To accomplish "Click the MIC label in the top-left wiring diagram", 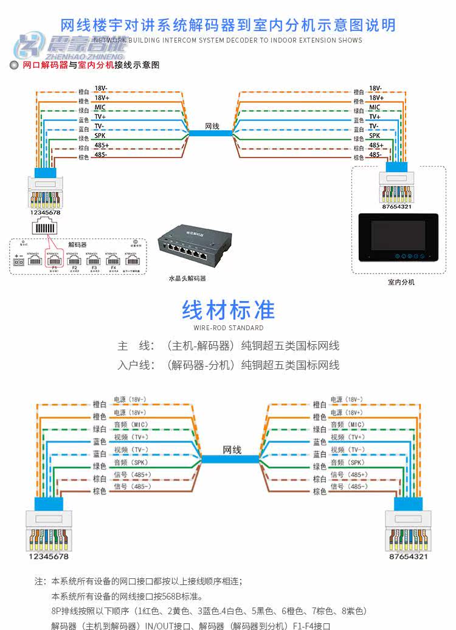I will [x=100, y=106].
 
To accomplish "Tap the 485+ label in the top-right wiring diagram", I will [x=376, y=145].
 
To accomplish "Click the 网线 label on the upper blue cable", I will [x=212, y=126].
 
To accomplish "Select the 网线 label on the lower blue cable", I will [x=232, y=450].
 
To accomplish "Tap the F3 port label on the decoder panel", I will [x=94, y=268].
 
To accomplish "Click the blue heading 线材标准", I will [x=228, y=310].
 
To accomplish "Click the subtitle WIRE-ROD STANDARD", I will [x=228, y=328].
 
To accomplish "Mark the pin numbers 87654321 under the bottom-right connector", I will [x=408, y=556].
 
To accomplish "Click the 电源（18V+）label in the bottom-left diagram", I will [x=130, y=412].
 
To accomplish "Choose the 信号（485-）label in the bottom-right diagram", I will [x=349, y=486].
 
